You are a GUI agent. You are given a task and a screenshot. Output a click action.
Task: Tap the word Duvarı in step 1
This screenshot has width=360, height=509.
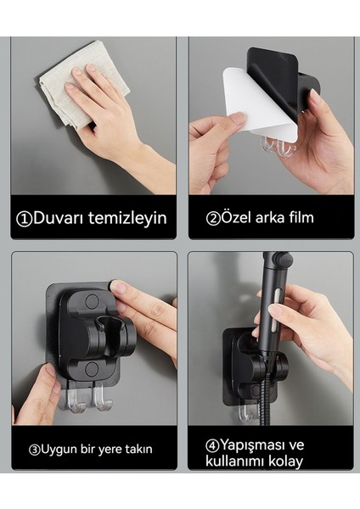[x=60, y=219]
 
